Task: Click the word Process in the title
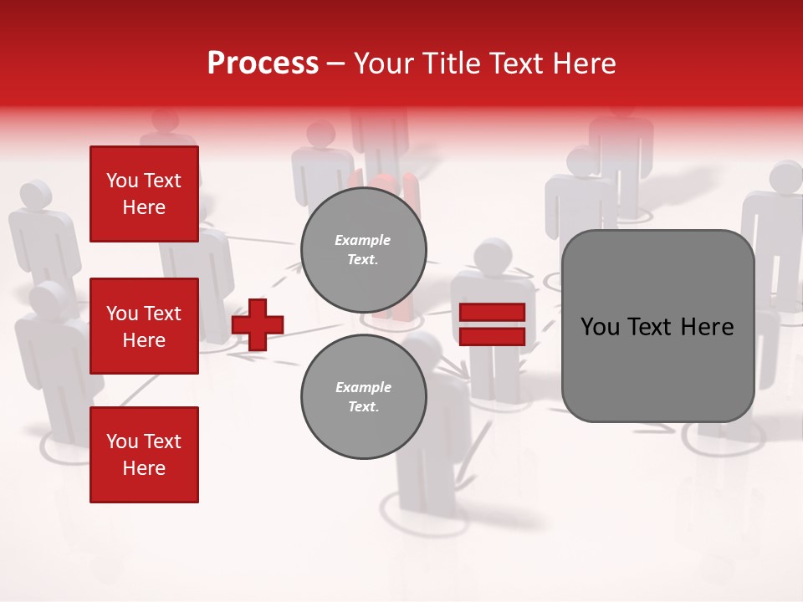click(x=263, y=64)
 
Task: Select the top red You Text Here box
click(x=144, y=194)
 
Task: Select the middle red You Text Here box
click(x=144, y=326)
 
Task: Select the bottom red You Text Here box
click(x=144, y=455)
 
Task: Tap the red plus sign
click(x=258, y=324)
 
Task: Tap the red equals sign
click(x=493, y=324)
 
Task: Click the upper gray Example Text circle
click(x=364, y=250)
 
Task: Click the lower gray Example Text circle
click(x=364, y=397)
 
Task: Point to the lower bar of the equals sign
click(x=493, y=336)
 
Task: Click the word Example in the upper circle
click(x=363, y=240)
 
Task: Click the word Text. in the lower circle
click(x=363, y=407)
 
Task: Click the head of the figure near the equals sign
click(x=493, y=255)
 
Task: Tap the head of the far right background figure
click(x=786, y=177)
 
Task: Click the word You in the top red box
click(x=121, y=181)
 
